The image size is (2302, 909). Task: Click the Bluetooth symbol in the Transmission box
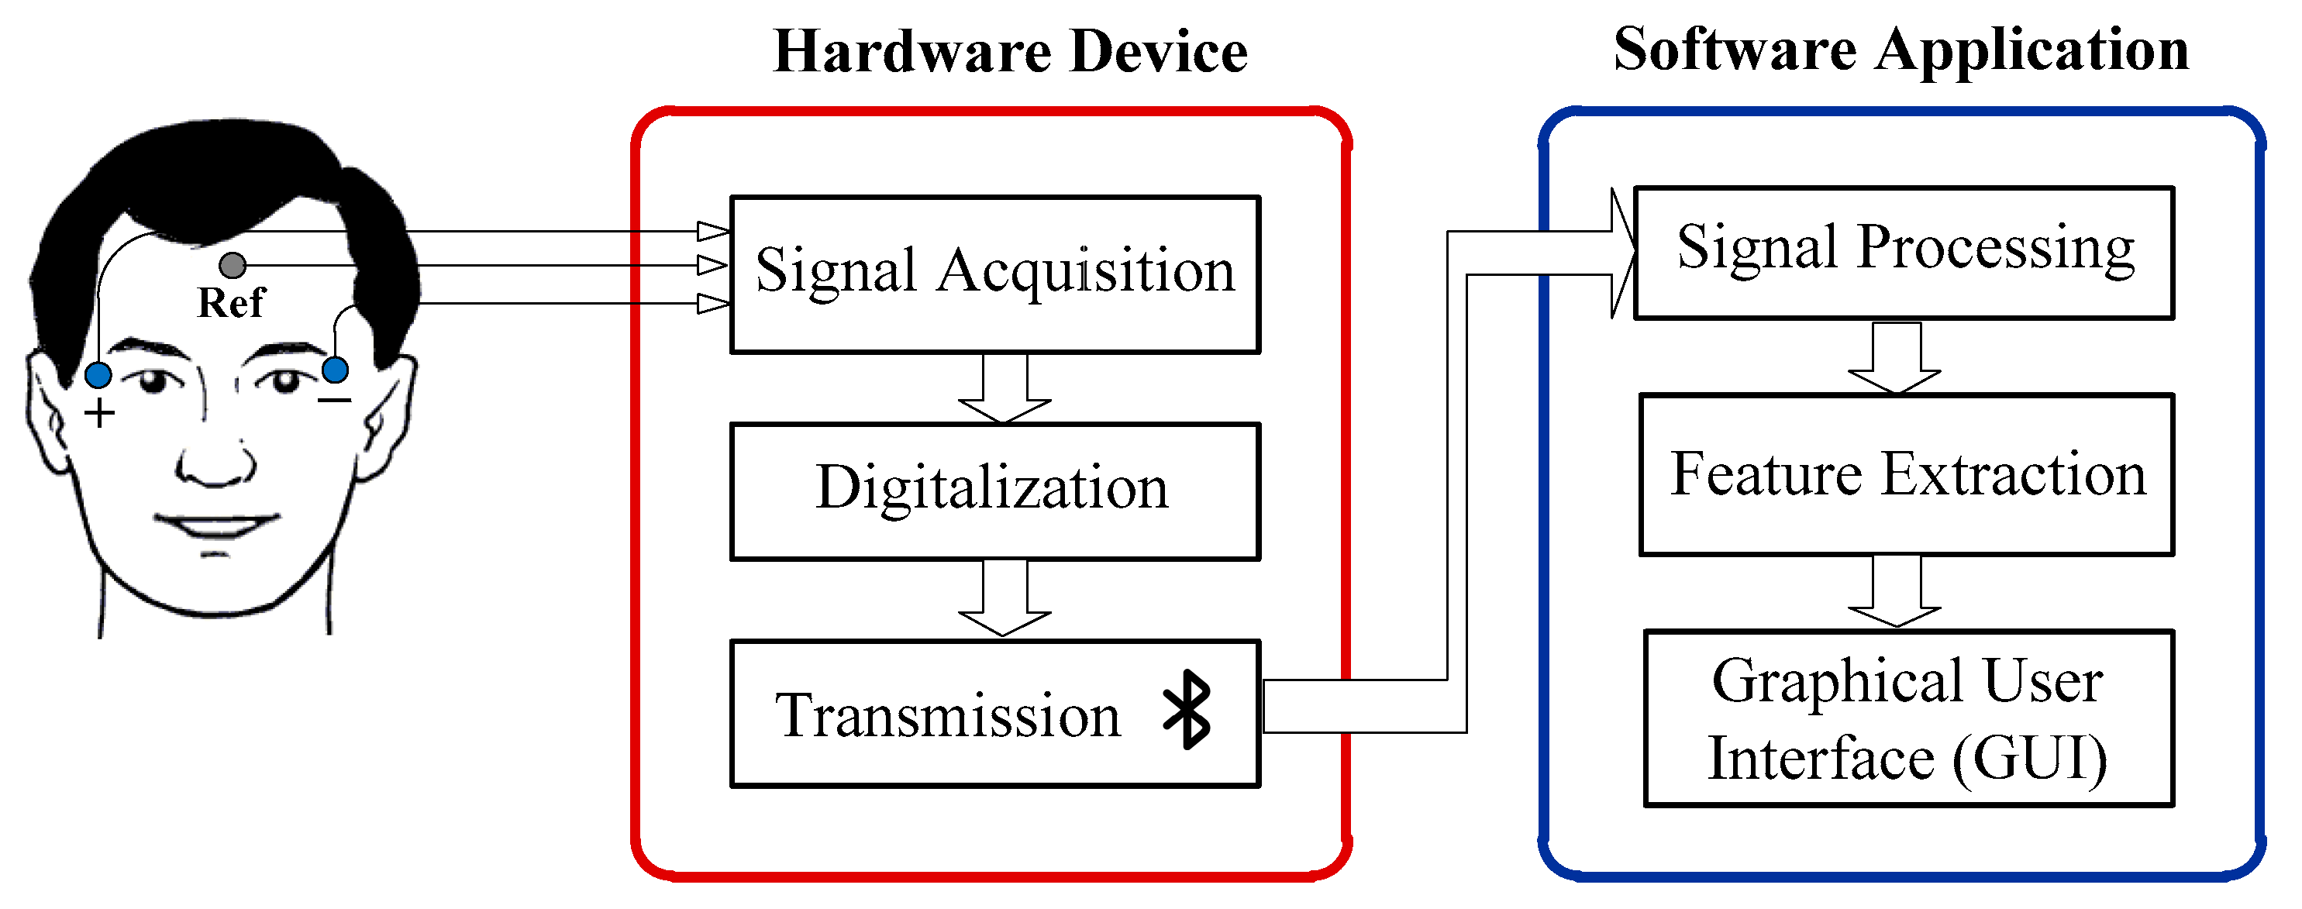click(x=1187, y=710)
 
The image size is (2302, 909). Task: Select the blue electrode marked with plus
click(x=98, y=374)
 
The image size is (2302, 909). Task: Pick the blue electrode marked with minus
click(x=335, y=369)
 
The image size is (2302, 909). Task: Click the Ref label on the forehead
click(x=230, y=303)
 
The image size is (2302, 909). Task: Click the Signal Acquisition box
click(x=994, y=274)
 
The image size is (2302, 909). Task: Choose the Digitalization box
click(x=994, y=491)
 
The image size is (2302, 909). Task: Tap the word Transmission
click(x=947, y=715)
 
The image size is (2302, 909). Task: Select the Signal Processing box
click(x=1904, y=252)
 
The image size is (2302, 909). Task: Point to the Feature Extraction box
click(x=1907, y=473)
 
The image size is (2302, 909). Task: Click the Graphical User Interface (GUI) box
click(x=1908, y=718)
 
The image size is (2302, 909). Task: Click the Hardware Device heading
click(x=1010, y=51)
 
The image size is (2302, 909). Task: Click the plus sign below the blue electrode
click(x=99, y=413)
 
